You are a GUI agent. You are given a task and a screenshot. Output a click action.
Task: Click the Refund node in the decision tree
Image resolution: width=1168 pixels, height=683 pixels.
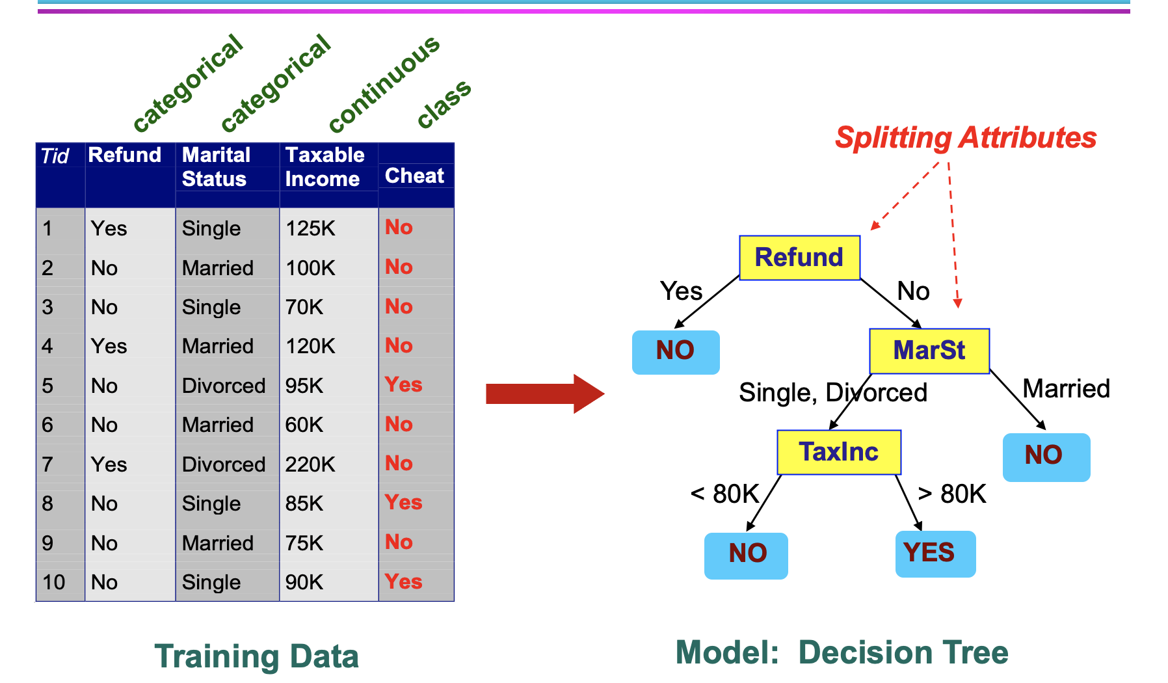(x=799, y=258)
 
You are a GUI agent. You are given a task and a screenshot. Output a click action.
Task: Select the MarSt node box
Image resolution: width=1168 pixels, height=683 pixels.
(x=929, y=351)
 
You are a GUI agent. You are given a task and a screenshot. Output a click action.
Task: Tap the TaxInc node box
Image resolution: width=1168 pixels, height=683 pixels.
(x=838, y=452)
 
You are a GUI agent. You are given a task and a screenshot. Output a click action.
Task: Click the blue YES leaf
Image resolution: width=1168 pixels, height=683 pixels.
(x=935, y=554)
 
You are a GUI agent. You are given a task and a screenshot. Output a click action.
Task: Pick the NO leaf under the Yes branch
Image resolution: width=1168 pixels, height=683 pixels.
(x=675, y=351)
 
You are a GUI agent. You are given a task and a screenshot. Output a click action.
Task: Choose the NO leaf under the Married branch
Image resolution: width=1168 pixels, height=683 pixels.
(x=1045, y=456)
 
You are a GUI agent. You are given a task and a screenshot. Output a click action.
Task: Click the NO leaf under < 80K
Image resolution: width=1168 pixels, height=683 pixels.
(x=746, y=555)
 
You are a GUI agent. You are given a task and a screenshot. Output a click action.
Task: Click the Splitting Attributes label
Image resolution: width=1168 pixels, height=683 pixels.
(x=965, y=138)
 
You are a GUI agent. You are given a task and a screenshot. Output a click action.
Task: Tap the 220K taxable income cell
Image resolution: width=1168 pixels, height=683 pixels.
(x=310, y=464)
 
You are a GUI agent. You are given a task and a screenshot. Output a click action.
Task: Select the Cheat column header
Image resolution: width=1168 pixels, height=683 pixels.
(x=414, y=176)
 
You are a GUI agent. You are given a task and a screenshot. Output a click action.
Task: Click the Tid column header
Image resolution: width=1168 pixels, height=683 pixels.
(x=55, y=156)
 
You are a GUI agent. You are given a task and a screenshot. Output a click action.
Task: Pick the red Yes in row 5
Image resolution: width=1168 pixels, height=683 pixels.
(x=403, y=384)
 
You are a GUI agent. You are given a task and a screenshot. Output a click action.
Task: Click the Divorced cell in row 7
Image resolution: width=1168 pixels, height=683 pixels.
(x=223, y=464)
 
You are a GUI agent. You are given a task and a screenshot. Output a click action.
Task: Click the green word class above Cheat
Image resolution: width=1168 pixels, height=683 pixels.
(x=444, y=103)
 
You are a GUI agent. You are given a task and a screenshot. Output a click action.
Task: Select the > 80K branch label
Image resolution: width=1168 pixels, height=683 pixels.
(x=951, y=494)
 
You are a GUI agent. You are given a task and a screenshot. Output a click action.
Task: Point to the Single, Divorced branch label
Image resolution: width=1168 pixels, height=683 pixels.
(x=832, y=393)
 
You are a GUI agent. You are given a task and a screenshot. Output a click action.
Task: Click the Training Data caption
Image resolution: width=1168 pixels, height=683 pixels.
(x=256, y=656)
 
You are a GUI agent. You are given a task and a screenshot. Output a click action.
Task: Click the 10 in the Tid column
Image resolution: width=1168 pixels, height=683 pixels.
(x=53, y=582)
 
